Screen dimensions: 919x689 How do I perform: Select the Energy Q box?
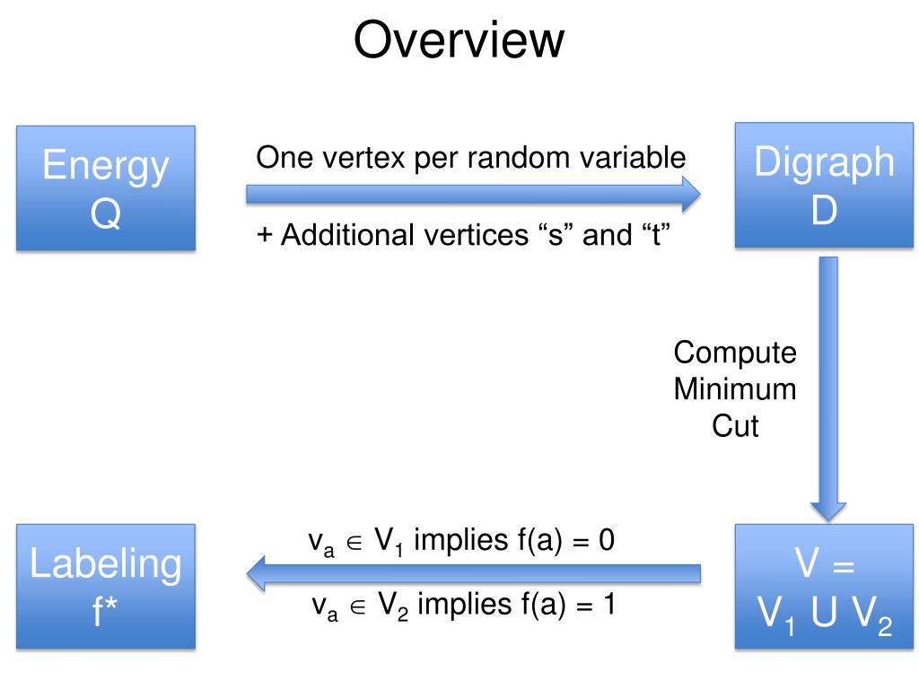(x=105, y=188)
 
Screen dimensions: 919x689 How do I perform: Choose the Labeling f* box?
(x=105, y=586)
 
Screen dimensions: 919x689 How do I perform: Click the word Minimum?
(x=735, y=389)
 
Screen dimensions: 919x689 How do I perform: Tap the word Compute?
(x=735, y=353)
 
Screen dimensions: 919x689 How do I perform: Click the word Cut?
(x=735, y=426)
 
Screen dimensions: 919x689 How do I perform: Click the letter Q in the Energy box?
(x=105, y=214)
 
